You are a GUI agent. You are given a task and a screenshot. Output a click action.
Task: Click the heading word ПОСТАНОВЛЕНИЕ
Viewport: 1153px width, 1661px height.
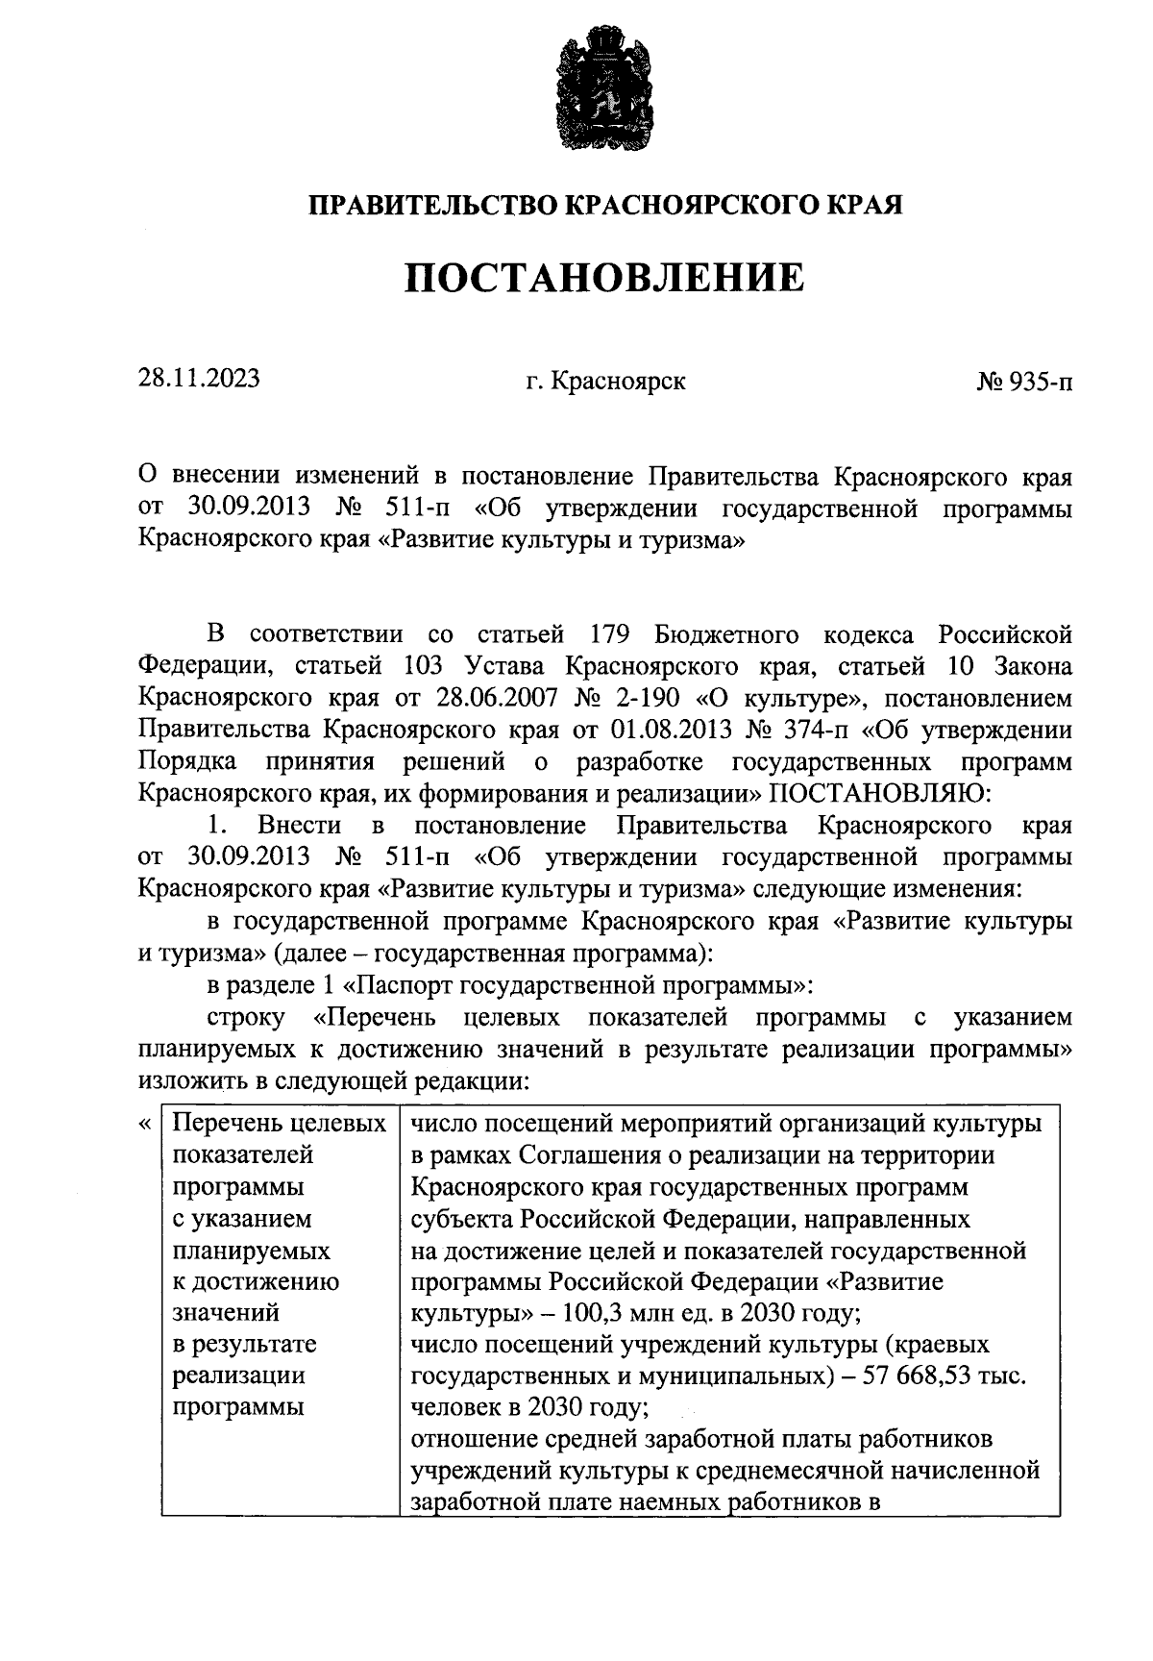coord(603,279)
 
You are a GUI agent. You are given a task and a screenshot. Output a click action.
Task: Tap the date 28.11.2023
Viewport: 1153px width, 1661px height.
coord(199,379)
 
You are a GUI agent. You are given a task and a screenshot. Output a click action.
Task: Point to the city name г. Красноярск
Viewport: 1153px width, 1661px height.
coord(605,382)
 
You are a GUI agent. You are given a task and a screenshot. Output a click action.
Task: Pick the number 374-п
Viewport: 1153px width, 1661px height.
coord(810,731)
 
